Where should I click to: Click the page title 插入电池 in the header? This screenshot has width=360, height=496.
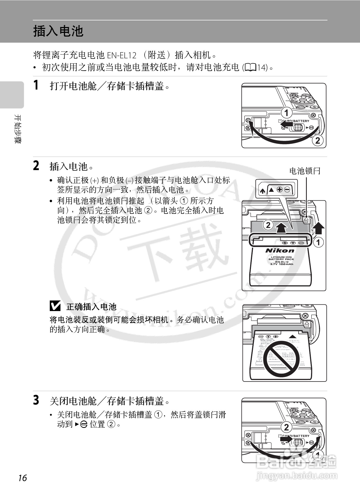(x=58, y=31)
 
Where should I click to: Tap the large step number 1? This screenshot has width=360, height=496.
(x=36, y=85)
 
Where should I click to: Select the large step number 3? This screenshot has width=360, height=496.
(x=36, y=400)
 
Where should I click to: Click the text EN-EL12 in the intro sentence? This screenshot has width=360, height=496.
(x=121, y=55)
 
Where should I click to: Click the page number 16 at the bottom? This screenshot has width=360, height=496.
(x=22, y=478)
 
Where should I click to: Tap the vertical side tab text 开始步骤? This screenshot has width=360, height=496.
(x=17, y=129)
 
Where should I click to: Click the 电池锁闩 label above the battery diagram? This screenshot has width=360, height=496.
(x=305, y=171)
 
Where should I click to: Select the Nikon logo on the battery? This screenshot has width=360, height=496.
(x=280, y=251)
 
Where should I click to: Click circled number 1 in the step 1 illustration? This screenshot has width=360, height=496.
(x=286, y=113)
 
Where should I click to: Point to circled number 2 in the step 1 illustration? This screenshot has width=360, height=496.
(x=317, y=140)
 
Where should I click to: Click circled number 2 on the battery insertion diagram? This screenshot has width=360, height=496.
(x=268, y=225)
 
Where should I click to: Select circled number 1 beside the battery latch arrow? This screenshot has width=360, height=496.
(x=318, y=242)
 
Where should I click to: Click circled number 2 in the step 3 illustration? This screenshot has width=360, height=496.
(x=286, y=427)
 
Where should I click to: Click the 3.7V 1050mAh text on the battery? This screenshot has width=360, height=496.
(x=281, y=264)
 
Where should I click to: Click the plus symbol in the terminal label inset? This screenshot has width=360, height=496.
(x=280, y=189)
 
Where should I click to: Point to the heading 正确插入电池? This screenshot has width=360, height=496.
(x=91, y=307)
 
